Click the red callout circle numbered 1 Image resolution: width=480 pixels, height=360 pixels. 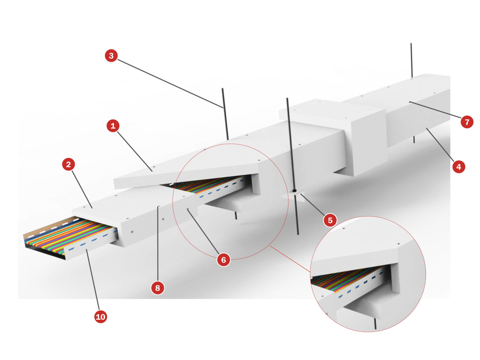pos(113,126)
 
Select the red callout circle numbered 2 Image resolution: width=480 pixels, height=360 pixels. pos(68,164)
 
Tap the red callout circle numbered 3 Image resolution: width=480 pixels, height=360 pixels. pos(111,56)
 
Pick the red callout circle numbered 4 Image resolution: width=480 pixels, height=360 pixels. pos(458,167)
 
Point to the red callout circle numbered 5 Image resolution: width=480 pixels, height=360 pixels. pos(330,220)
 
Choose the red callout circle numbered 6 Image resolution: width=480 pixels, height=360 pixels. pos(223,260)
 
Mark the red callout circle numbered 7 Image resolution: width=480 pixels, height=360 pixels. pos(467,122)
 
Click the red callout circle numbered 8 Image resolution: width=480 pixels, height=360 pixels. pos(157,287)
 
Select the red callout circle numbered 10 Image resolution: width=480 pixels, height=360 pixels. pos(100,317)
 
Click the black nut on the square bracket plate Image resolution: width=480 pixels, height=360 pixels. pos(294,190)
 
